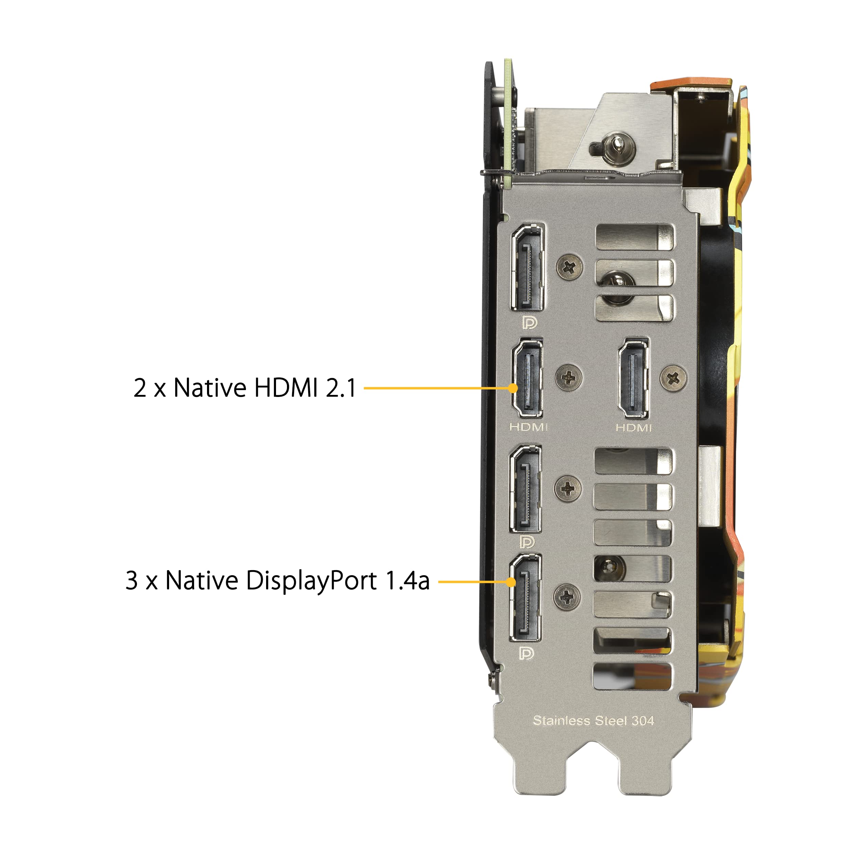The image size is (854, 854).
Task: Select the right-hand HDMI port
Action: click(633, 379)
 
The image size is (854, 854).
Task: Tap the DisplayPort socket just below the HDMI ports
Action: click(526, 489)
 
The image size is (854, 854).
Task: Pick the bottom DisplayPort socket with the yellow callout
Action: click(526, 597)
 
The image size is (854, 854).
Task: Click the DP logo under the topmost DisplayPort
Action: click(529, 323)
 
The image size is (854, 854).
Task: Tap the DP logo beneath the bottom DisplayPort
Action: click(526, 653)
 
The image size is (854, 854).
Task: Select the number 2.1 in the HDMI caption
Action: click(341, 388)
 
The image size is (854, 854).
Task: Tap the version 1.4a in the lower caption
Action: click(408, 580)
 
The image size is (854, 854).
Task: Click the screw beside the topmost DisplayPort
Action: click(570, 266)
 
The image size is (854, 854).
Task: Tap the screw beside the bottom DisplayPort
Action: click(567, 597)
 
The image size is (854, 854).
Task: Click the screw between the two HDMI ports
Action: click(568, 377)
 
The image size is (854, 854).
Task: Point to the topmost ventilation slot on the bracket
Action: click(635, 237)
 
